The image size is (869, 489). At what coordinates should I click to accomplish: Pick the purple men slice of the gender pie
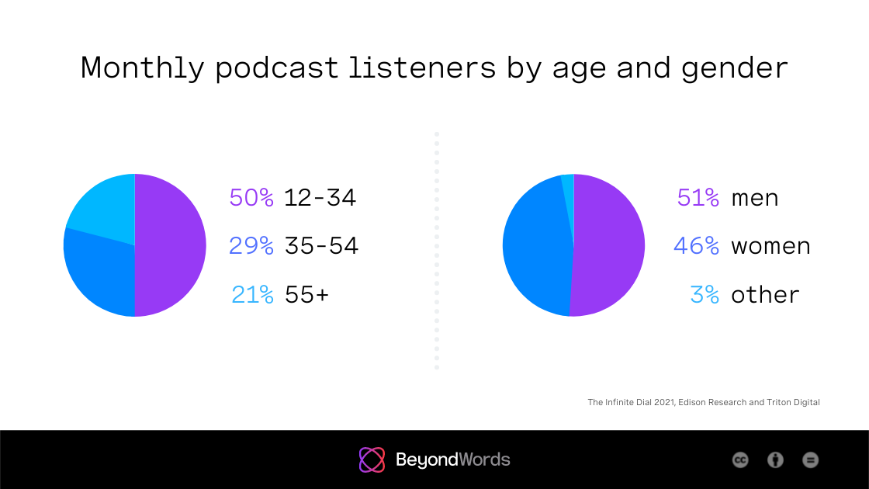pyautogui.click(x=609, y=245)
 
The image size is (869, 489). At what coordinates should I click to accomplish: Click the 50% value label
pyautogui.click(x=251, y=198)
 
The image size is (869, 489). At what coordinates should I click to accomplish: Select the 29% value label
pyautogui.click(x=251, y=246)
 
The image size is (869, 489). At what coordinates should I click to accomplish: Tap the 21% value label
pyautogui.click(x=253, y=295)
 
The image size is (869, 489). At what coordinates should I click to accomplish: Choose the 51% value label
pyautogui.click(x=698, y=198)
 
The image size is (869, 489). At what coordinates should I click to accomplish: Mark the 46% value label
pyautogui.click(x=697, y=246)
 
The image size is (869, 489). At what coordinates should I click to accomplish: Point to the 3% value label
pyautogui.click(x=705, y=295)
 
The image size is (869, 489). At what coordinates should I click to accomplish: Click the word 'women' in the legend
pyautogui.click(x=770, y=246)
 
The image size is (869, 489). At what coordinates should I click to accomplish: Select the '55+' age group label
pyautogui.click(x=307, y=295)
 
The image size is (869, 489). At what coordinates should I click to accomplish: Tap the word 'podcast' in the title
pyautogui.click(x=277, y=68)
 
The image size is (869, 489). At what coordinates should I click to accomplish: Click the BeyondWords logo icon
pyautogui.click(x=372, y=460)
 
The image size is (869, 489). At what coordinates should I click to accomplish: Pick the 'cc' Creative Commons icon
pyautogui.click(x=740, y=460)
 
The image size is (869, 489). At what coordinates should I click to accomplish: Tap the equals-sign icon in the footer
pyautogui.click(x=810, y=460)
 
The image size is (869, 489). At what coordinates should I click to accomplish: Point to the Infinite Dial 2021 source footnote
pyautogui.click(x=703, y=402)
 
